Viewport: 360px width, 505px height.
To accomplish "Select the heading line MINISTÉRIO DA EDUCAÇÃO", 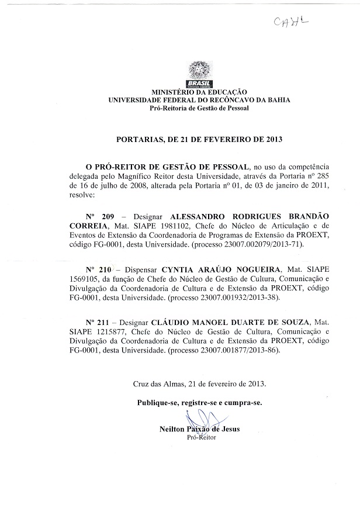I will coord(199,92).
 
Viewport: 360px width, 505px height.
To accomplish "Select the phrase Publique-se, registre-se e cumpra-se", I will coord(199,403).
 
